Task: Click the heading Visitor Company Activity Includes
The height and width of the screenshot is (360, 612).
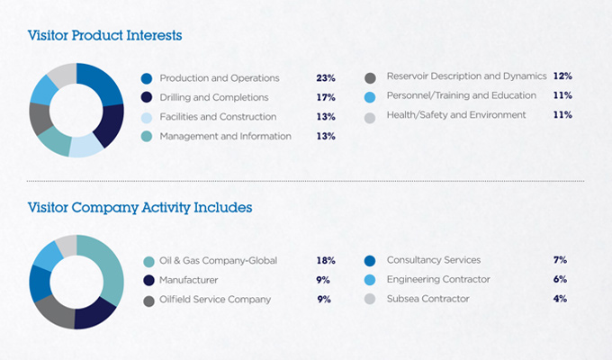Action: point(139,207)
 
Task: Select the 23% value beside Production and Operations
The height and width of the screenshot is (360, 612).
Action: point(326,78)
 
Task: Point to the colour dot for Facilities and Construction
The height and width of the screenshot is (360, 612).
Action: point(148,117)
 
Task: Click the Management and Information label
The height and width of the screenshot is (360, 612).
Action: point(225,136)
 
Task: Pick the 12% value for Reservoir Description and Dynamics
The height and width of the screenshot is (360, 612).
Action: point(563,76)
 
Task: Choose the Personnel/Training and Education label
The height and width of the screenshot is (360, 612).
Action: point(461,95)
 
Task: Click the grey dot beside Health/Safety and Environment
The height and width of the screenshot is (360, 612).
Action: point(370,116)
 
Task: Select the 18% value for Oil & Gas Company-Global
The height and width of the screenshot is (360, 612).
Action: point(326,260)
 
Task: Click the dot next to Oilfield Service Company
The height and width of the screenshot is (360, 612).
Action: point(148,300)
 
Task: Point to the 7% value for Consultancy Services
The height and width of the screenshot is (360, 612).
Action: point(560,260)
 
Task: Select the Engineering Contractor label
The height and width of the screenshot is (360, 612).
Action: point(437,279)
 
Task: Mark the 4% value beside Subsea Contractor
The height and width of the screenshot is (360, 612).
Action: point(560,298)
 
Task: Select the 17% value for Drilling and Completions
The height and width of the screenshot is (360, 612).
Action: point(326,97)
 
